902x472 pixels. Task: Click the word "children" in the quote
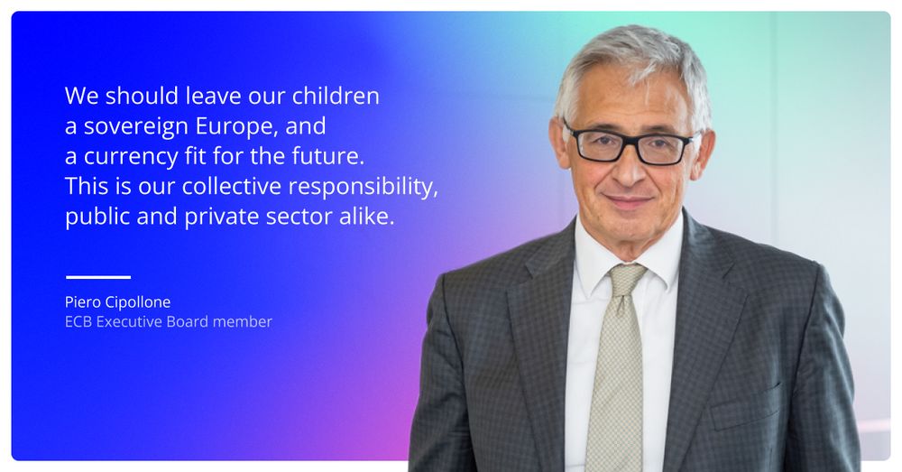point(336,96)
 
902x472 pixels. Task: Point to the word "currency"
point(131,156)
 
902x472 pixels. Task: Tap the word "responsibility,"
point(363,187)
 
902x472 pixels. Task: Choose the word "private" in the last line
point(222,217)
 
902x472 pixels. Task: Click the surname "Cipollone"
point(137,302)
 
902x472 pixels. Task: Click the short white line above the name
point(98,277)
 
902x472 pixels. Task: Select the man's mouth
point(628,201)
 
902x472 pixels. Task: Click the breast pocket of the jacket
point(746,407)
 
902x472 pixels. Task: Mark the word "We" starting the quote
point(81,96)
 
